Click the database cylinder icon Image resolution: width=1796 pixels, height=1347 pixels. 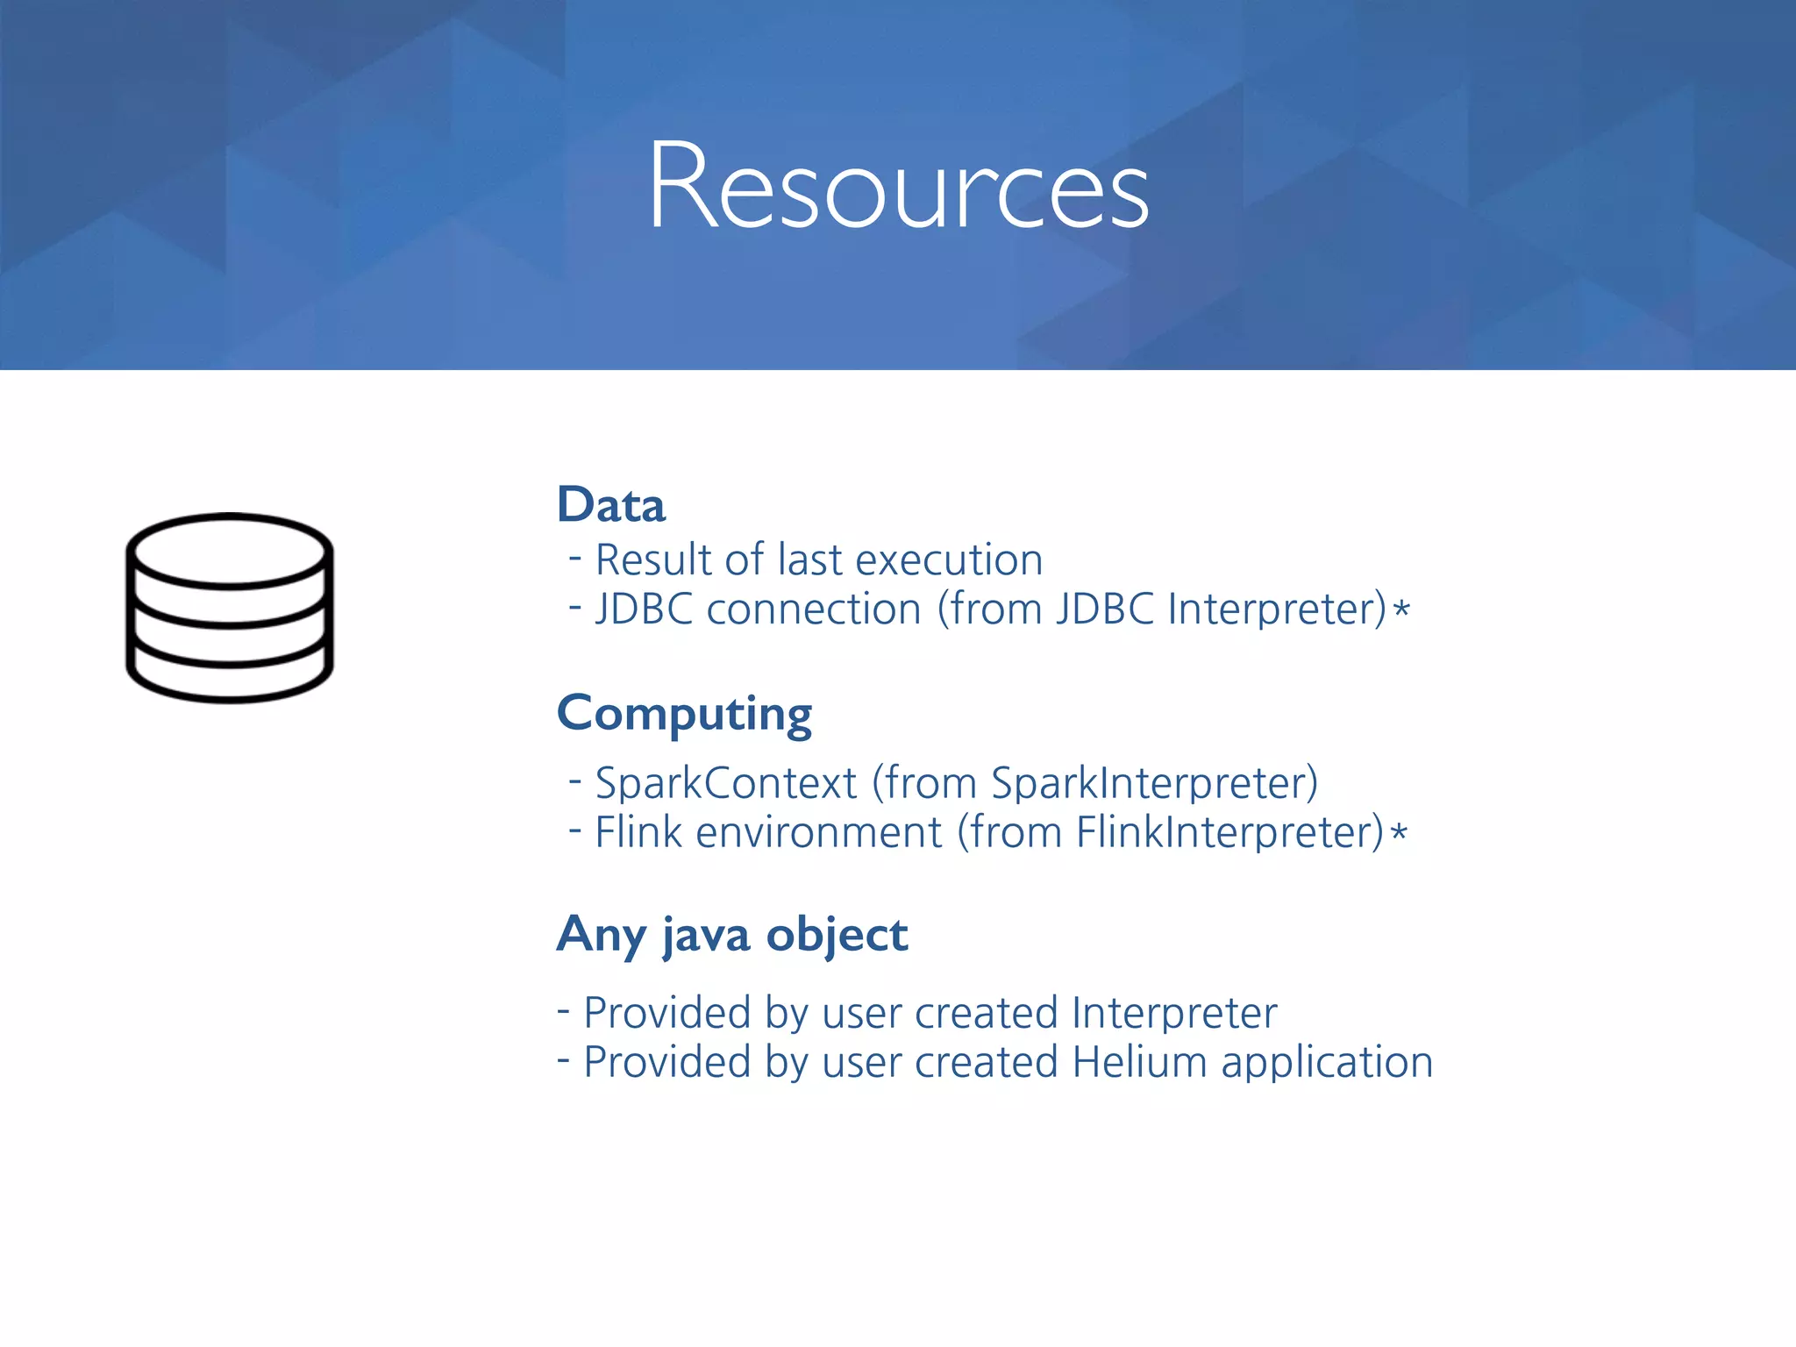230,608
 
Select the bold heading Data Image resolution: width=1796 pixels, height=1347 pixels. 611,505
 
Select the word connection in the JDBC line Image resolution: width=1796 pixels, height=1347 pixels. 814,609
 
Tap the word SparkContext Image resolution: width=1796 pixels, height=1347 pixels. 725,783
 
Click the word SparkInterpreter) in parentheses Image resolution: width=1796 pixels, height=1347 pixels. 1154,783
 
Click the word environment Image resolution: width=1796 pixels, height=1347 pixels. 818,832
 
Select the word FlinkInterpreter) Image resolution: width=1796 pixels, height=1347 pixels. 1229,832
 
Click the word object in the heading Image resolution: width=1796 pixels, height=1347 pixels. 837,935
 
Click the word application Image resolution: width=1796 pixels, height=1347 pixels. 1327,1063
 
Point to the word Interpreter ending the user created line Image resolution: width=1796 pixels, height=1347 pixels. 1174,1014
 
